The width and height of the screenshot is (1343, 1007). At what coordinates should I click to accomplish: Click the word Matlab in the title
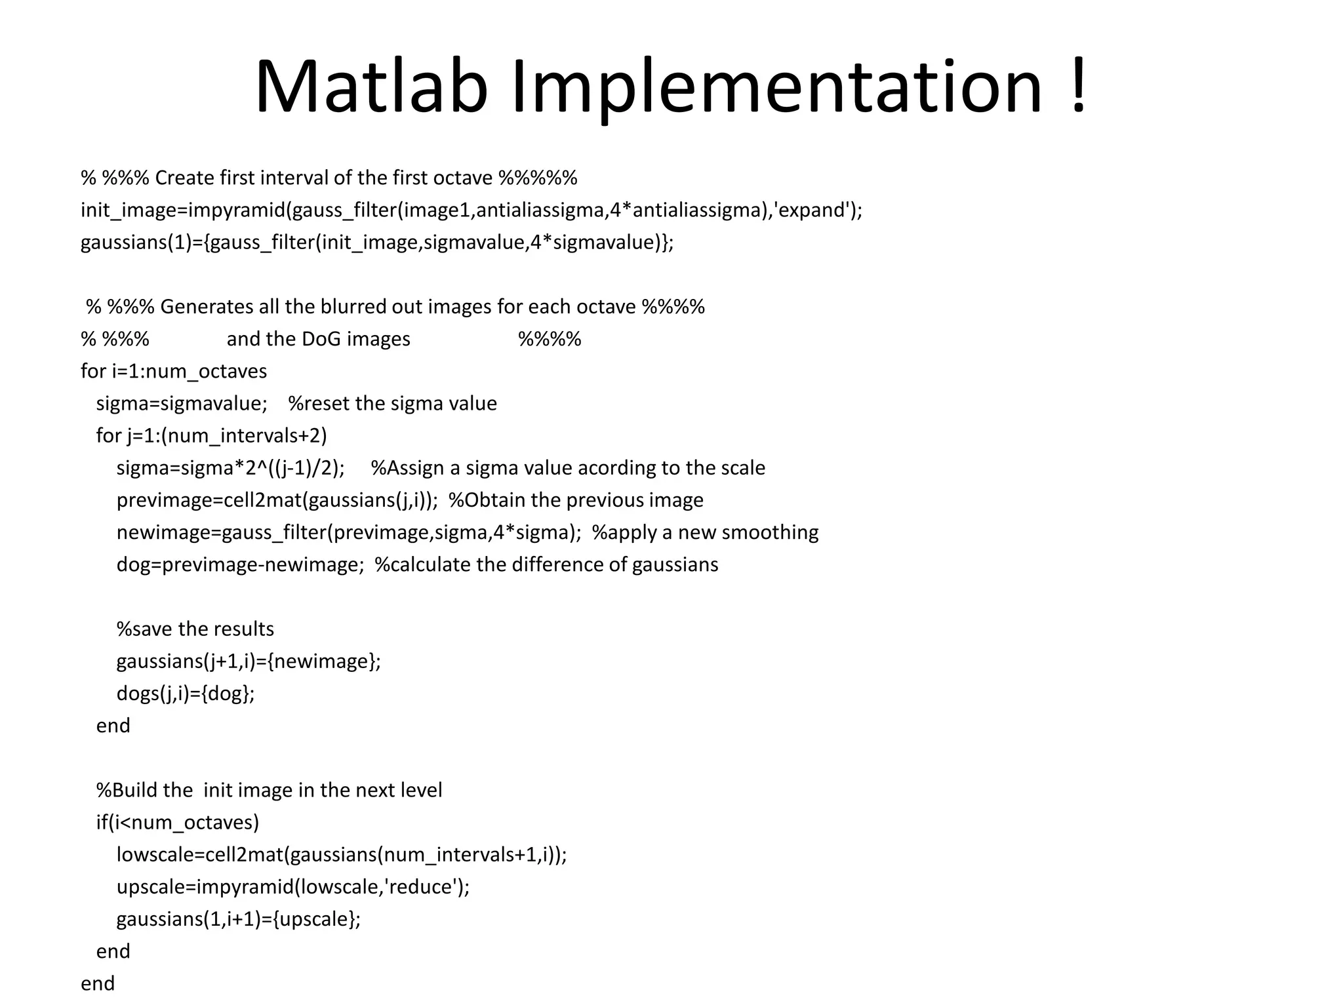(x=371, y=87)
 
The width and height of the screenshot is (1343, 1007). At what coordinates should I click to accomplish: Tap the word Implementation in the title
(x=776, y=87)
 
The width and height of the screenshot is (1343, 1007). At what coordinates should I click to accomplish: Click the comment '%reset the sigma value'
(x=392, y=404)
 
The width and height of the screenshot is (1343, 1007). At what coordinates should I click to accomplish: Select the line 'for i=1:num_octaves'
(x=174, y=372)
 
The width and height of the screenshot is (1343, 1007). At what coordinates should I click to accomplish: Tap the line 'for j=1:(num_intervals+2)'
(x=211, y=436)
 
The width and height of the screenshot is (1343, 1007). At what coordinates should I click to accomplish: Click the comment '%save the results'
(x=195, y=629)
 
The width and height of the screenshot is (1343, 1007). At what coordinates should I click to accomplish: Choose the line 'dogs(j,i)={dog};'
(x=186, y=694)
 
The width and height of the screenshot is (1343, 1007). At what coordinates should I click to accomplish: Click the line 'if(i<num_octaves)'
(x=178, y=823)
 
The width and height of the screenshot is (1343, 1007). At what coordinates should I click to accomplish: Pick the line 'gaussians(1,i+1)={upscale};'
(x=239, y=919)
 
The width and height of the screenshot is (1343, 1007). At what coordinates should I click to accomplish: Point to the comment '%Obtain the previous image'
(x=576, y=500)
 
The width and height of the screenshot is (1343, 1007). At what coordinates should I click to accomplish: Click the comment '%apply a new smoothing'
(x=705, y=532)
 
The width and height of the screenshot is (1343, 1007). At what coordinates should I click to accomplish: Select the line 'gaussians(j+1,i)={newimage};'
(x=249, y=661)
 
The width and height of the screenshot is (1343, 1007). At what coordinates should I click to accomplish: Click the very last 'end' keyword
(x=98, y=983)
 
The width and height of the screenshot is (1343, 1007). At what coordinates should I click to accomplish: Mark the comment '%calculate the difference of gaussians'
(x=546, y=565)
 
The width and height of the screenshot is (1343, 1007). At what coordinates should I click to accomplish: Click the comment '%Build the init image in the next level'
(x=269, y=791)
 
